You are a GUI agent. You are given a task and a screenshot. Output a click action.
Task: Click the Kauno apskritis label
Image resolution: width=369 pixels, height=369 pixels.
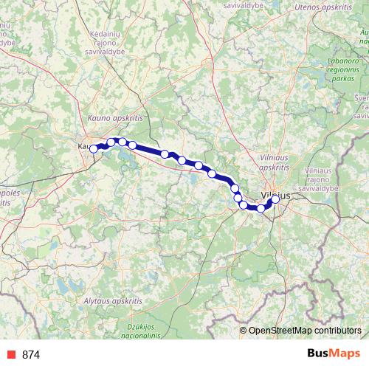coord(114,117)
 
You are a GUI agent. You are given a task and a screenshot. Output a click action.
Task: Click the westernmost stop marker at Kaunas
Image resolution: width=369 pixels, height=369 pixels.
coord(94,149)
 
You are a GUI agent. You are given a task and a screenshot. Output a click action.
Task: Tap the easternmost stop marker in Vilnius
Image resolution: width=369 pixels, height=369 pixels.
coord(276,199)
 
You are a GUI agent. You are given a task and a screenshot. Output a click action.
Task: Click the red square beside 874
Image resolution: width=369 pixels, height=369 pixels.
coord(11,355)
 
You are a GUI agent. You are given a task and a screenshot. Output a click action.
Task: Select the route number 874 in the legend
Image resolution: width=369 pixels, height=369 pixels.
coord(31,355)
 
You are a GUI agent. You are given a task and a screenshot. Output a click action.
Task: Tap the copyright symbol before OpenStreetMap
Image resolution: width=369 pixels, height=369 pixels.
coord(244,331)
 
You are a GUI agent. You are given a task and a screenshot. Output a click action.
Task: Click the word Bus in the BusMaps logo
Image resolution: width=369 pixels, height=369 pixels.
coord(319,353)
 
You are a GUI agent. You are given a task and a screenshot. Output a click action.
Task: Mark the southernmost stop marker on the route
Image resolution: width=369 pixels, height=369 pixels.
coord(261,209)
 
